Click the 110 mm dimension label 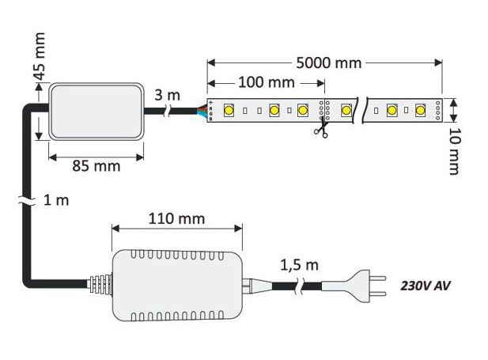[x=176, y=218]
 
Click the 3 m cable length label [x=168, y=95]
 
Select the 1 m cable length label [x=57, y=200]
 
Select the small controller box [x=96, y=112]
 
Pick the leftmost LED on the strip [x=230, y=110]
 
